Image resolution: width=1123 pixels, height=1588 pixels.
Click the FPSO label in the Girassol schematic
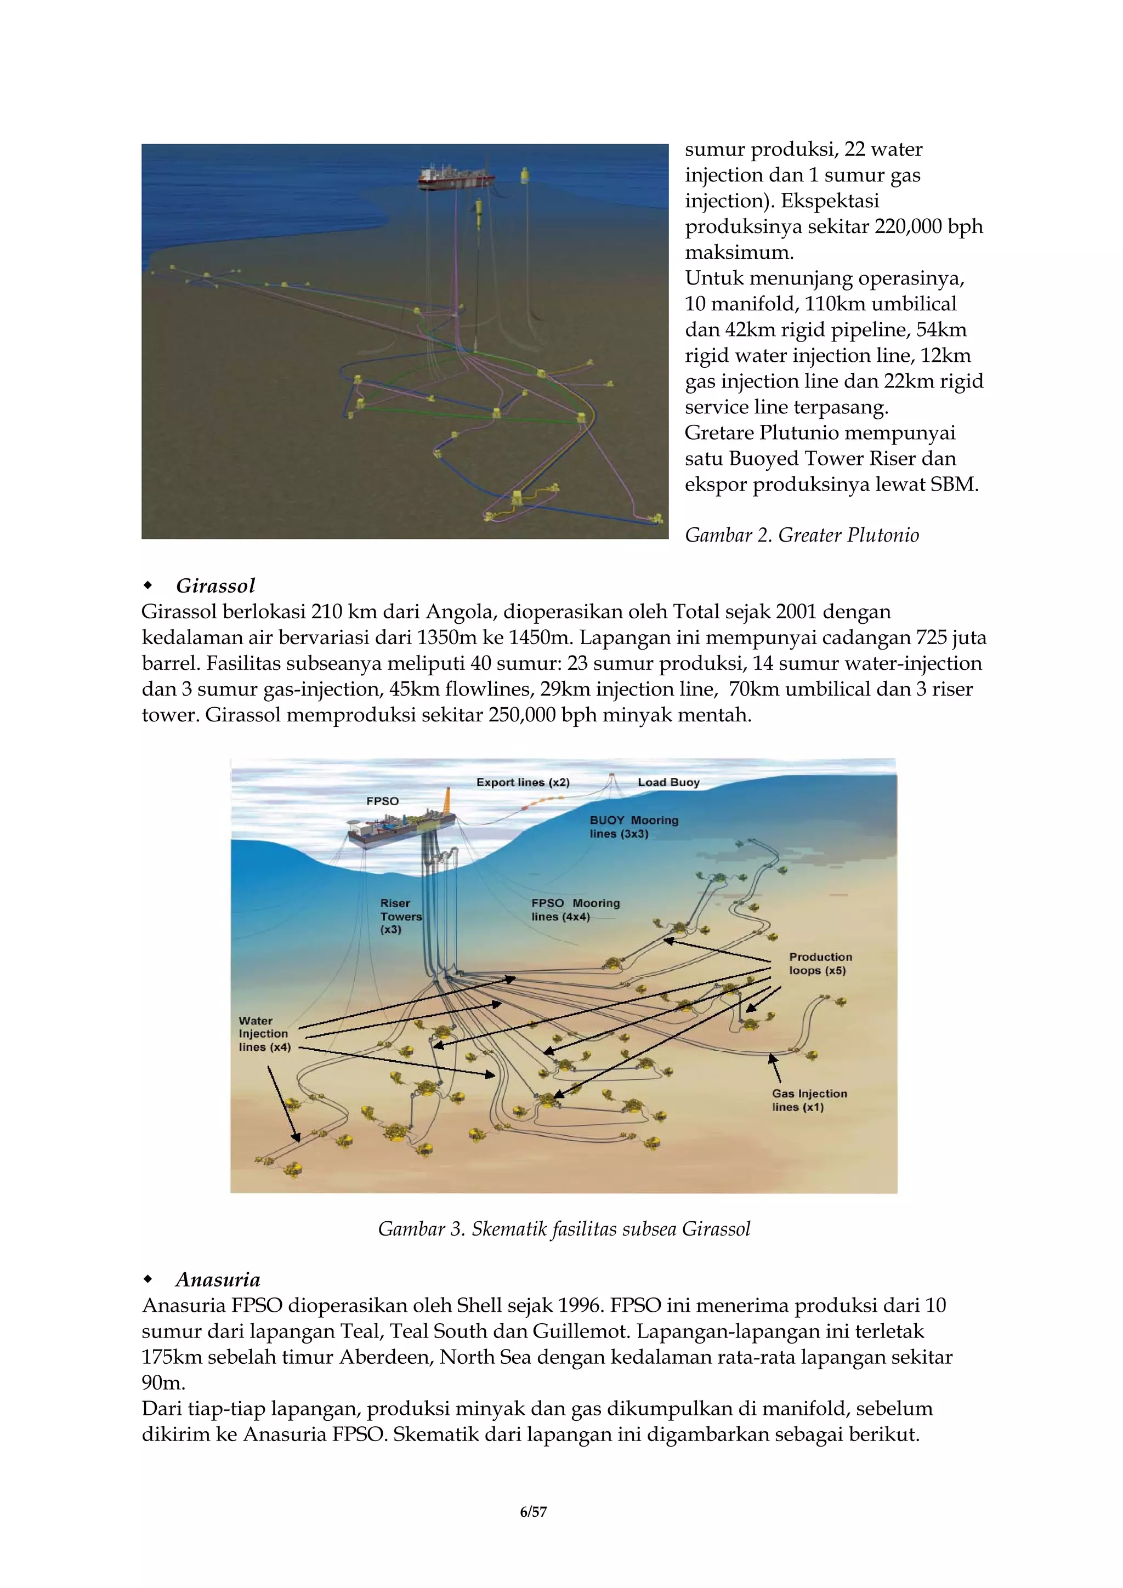pyautogui.click(x=382, y=801)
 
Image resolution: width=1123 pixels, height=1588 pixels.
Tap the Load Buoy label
pyautogui.click(x=668, y=782)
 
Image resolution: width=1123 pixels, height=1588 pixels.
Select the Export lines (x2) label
pyautogui.click(x=523, y=782)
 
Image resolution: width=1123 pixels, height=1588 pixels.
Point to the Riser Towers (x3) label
pyautogui.click(x=400, y=916)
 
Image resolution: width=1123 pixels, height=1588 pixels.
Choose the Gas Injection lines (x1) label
pyautogui.click(x=809, y=1100)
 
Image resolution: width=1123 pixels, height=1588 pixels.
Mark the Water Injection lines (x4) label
pyautogui.click(x=264, y=1033)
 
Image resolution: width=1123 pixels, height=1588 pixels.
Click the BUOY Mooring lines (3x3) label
pyautogui.click(x=633, y=827)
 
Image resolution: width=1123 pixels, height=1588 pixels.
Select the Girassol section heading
pyautogui.click(x=215, y=586)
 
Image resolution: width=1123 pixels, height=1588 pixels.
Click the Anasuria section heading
pyautogui.click(x=217, y=1279)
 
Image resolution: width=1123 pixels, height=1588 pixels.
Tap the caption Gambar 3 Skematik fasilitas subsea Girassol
pyautogui.click(x=563, y=1229)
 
